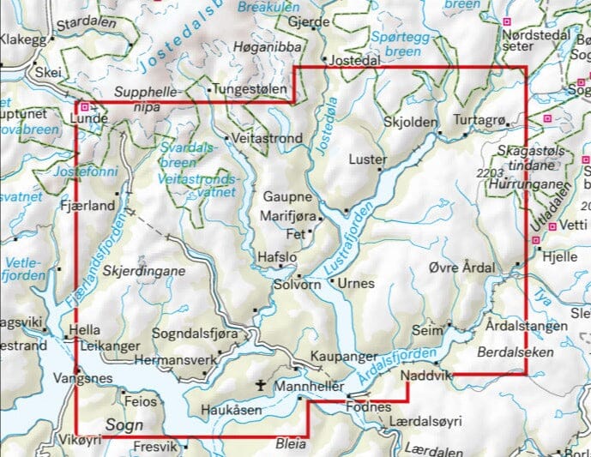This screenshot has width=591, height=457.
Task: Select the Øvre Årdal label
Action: [461, 268]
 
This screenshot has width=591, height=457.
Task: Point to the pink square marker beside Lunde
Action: [84, 107]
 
